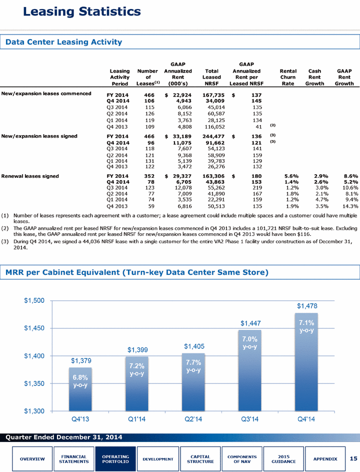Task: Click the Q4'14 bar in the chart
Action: coord(306,362)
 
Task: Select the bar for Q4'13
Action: coord(80,389)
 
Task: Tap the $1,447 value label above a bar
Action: coord(250,323)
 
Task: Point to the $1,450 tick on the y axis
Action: coord(34,328)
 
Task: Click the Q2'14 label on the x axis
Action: coord(193,419)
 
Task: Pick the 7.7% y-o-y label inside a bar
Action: coord(193,366)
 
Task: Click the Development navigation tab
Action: coord(158,459)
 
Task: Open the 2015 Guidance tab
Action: coord(283,459)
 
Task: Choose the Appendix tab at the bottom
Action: coord(325,459)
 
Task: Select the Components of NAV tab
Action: coord(242,459)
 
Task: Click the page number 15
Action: coord(353,458)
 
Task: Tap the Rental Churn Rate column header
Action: coord(288,78)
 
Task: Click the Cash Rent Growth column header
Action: coord(314,78)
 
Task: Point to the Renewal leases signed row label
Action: coord(30,176)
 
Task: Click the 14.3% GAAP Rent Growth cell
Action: coord(350,206)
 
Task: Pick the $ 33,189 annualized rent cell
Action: coord(178,136)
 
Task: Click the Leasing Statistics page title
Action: coord(82,12)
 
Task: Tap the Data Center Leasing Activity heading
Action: coord(64,42)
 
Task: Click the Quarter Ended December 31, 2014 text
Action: coord(64,437)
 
